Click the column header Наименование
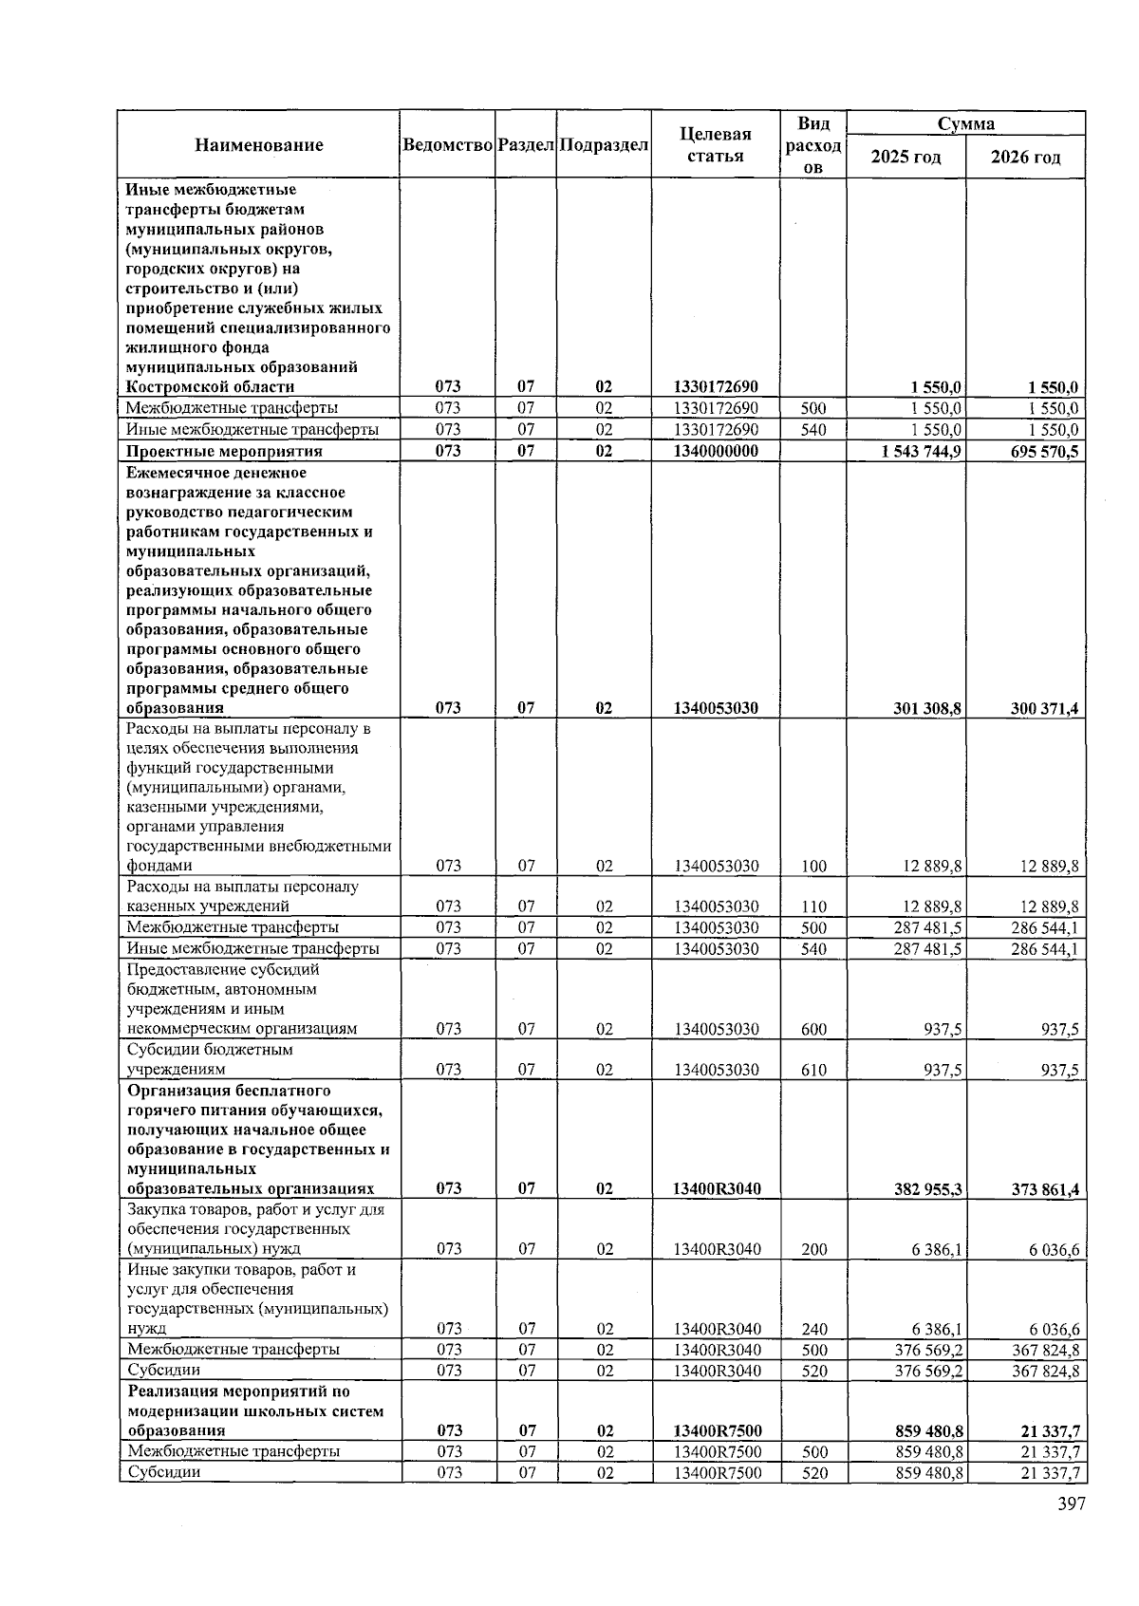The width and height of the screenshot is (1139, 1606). tap(258, 145)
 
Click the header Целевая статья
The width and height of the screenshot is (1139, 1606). tap(716, 145)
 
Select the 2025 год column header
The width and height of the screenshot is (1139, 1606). tap(906, 158)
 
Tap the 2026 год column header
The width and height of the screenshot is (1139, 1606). tap(1025, 158)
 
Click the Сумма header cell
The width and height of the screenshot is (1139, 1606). tap(965, 124)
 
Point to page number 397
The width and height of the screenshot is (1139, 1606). tap(1071, 1503)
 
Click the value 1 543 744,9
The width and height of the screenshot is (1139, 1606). tap(921, 452)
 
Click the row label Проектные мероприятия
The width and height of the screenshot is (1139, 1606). tap(224, 452)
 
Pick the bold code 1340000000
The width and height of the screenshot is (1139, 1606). tap(716, 452)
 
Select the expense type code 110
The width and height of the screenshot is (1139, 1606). tap(813, 906)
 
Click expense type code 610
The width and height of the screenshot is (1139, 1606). tap(813, 1070)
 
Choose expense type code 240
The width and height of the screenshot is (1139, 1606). tap(813, 1329)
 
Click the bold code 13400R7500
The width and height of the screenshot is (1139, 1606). tap(717, 1431)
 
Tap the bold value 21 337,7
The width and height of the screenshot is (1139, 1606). tap(1050, 1431)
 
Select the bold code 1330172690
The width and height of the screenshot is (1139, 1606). tap(716, 387)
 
